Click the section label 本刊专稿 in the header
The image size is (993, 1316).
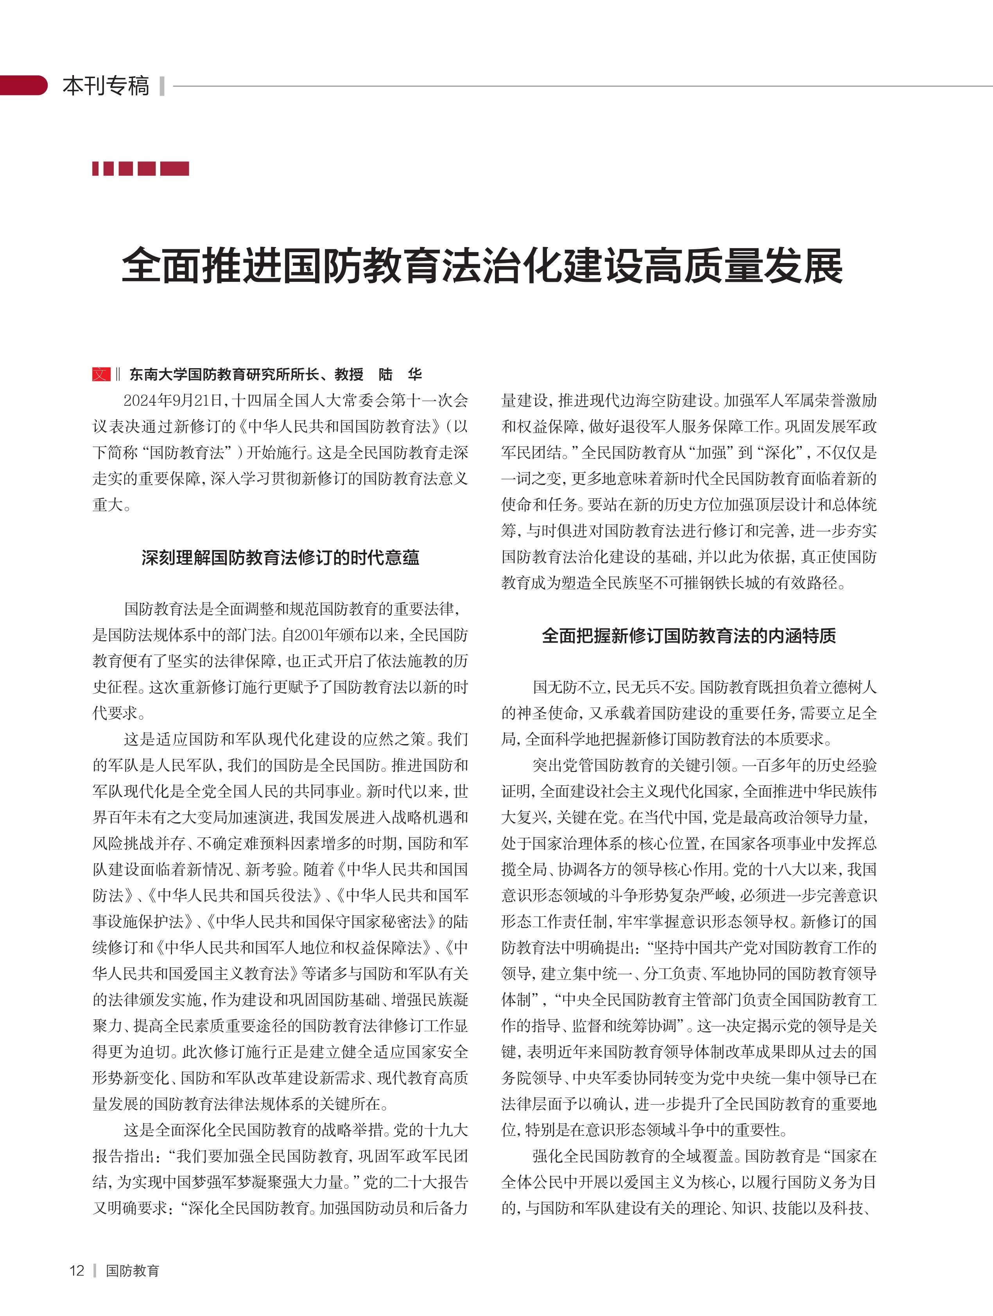tap(106, 86)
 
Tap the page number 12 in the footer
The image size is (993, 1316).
tap(77, 1270)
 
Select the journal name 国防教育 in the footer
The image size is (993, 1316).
tap(133, 1270)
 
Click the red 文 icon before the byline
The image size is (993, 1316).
tap(101, 374)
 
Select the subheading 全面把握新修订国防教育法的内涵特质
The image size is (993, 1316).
tap(688, 636)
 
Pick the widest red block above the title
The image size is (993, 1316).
tap(174, 168)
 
